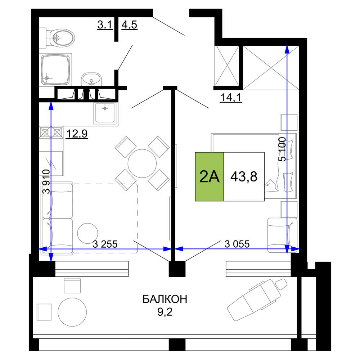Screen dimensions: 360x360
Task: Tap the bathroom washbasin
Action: click(91, 79)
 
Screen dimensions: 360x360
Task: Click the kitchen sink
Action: click(105, 113)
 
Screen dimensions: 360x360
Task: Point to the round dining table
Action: click(142, 163)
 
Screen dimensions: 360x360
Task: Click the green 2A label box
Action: click(210, 177)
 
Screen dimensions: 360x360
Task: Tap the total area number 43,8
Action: click(244, 177)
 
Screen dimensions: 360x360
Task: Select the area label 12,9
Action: click(77, 134)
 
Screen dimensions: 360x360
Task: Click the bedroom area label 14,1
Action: click(231, 98)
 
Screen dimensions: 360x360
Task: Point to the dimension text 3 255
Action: click(105, 244)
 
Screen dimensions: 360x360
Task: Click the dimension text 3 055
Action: click(237, 244)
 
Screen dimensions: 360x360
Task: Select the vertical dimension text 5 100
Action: click(282, 149)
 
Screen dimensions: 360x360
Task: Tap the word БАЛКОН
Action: click(165, 299)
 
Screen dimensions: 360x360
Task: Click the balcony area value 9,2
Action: click(165, 312)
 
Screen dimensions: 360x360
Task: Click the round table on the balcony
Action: click(72, 312)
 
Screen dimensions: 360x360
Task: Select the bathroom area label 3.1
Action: click(105, 24)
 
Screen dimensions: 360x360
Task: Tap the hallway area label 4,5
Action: click(129, 24)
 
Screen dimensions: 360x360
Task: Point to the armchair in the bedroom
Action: click(282, 235)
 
